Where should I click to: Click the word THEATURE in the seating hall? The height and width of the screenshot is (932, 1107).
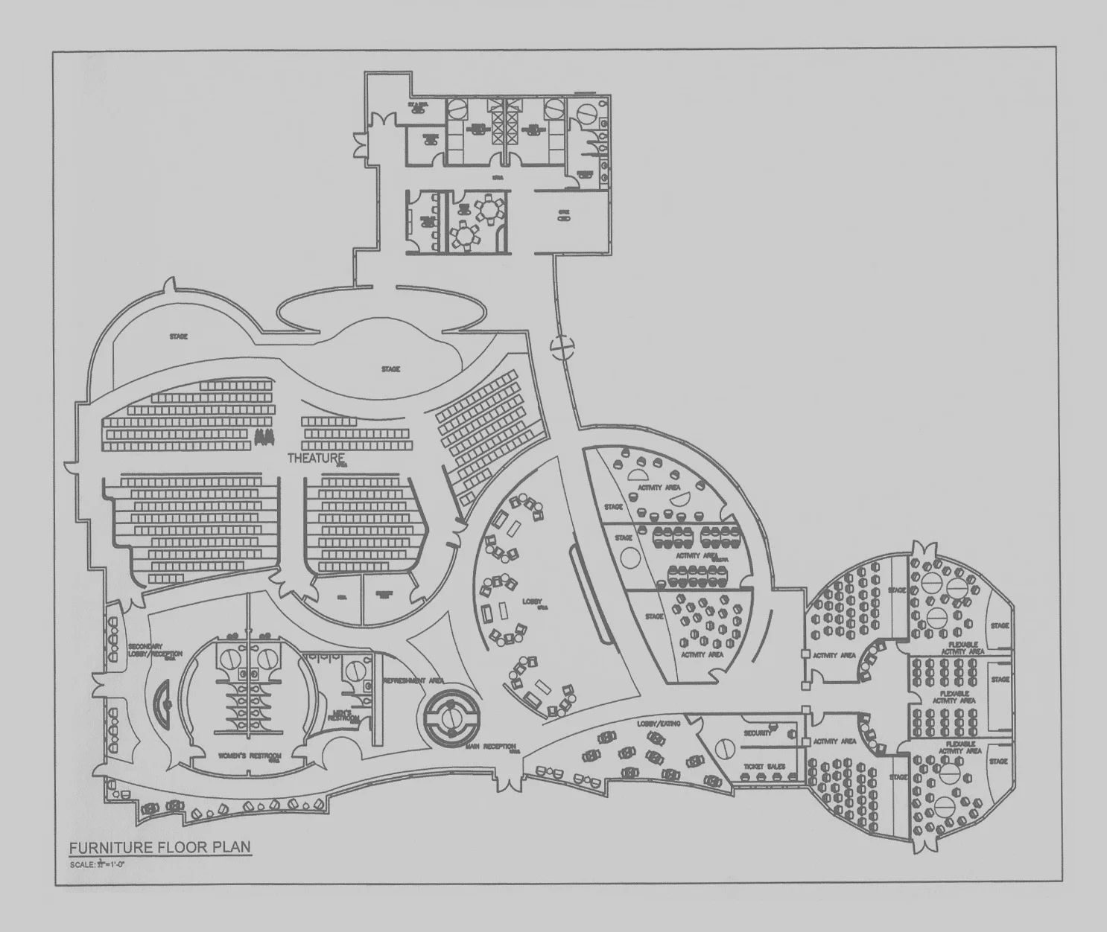(317, 458)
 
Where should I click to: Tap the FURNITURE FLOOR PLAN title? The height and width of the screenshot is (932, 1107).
(160, 847)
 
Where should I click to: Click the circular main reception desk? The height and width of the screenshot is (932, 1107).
(451, 717)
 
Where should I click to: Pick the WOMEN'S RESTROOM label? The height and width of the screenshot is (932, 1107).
(249, 756)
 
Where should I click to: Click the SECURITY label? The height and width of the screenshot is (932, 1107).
(758, 732)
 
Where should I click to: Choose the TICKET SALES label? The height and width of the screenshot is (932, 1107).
(764, 766)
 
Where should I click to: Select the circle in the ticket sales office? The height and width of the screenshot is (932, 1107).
(722, 747)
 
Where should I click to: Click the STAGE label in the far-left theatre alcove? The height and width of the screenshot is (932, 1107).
(178, 336)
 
